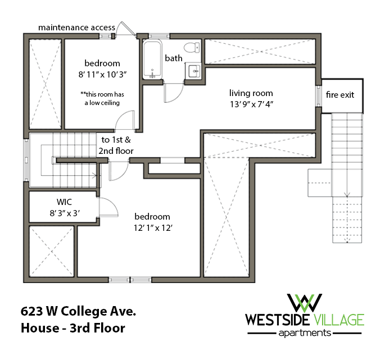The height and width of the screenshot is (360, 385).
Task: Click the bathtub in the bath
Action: (152, 60)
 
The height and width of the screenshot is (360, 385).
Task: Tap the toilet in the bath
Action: (193, 47)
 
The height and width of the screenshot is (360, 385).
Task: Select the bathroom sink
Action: (193, 70)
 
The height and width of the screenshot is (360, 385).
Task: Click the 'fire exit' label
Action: (341, 94)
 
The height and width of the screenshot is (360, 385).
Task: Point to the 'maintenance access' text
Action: (76, 27)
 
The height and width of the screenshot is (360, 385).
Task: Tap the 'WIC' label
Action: (64, 202)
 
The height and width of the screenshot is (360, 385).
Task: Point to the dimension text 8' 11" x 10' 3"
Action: (102, 74)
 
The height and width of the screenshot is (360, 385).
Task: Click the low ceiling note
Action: (102, 99)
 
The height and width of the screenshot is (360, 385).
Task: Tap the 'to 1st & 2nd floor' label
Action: (117, 145)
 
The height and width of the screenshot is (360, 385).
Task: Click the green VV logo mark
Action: (304, 303)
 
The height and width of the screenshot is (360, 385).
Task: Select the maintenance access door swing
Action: (125, 29)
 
